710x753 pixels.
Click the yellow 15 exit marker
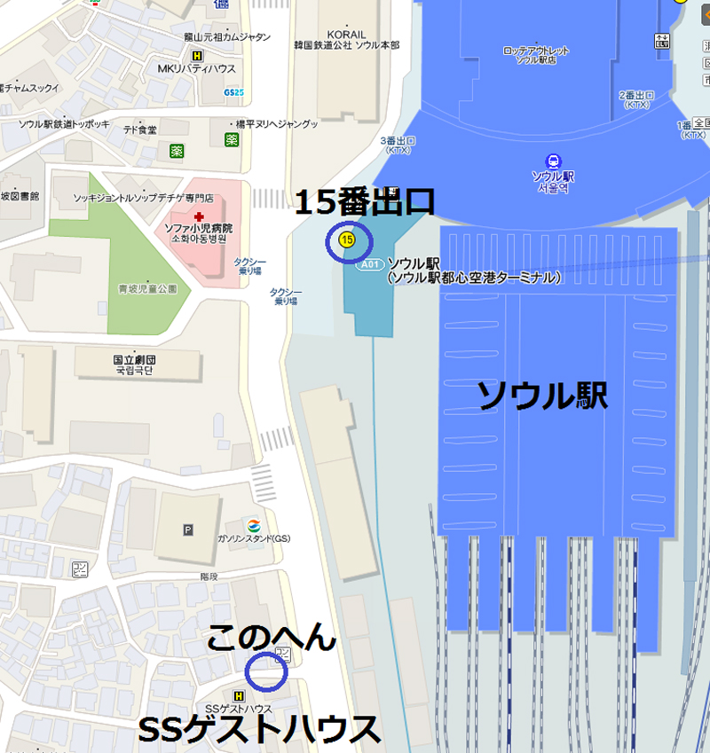point(347,239)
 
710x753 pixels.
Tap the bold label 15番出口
point(365,202)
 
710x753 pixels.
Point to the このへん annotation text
point(272,636)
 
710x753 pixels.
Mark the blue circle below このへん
point(266,673)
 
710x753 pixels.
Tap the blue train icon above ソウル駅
point(554,161)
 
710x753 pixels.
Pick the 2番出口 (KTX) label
point(635,99)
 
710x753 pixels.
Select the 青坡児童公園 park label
point(148,288)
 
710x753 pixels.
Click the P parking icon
point(187,530)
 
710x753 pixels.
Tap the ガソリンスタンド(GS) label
point(255,539)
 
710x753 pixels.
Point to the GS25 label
point(234,91)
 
